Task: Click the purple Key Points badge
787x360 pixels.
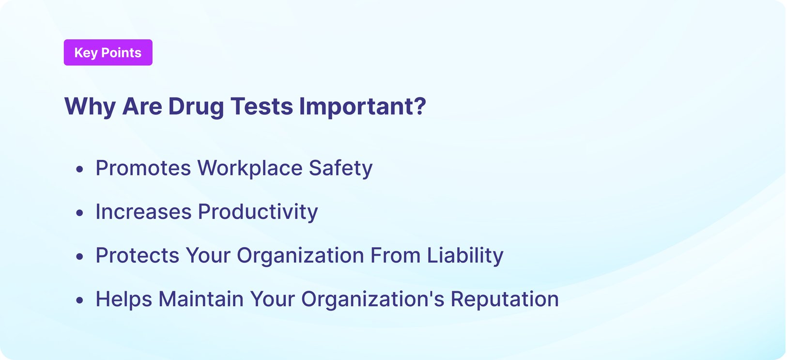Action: (x=108, y=52)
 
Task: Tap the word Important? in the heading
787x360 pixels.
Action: (x=362, y=106)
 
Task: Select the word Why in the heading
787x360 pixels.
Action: (x=90, y=106)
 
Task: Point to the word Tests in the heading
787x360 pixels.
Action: (x=262, y=106)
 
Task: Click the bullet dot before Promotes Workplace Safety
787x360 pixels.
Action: (x=80, y=169)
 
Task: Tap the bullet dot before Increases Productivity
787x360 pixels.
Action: (x=80, y=213)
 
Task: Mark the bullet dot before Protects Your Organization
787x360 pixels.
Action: (x=80, y=256)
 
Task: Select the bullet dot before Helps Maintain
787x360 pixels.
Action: (x=80, y=300)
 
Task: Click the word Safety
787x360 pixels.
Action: (x=340, y=168)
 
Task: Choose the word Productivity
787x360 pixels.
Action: (x=258, y=212)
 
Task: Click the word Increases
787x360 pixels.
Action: (x=143, y=212)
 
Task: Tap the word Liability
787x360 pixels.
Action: (x=465, y=255)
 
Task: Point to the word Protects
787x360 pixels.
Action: (x=137, y=255)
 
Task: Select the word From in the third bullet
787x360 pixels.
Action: (x=395, y=255)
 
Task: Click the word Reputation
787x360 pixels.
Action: (x=505, y=299)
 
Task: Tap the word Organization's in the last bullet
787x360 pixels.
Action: (x=372, y=299)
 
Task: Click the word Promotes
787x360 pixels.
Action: (x=143, y=168)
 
